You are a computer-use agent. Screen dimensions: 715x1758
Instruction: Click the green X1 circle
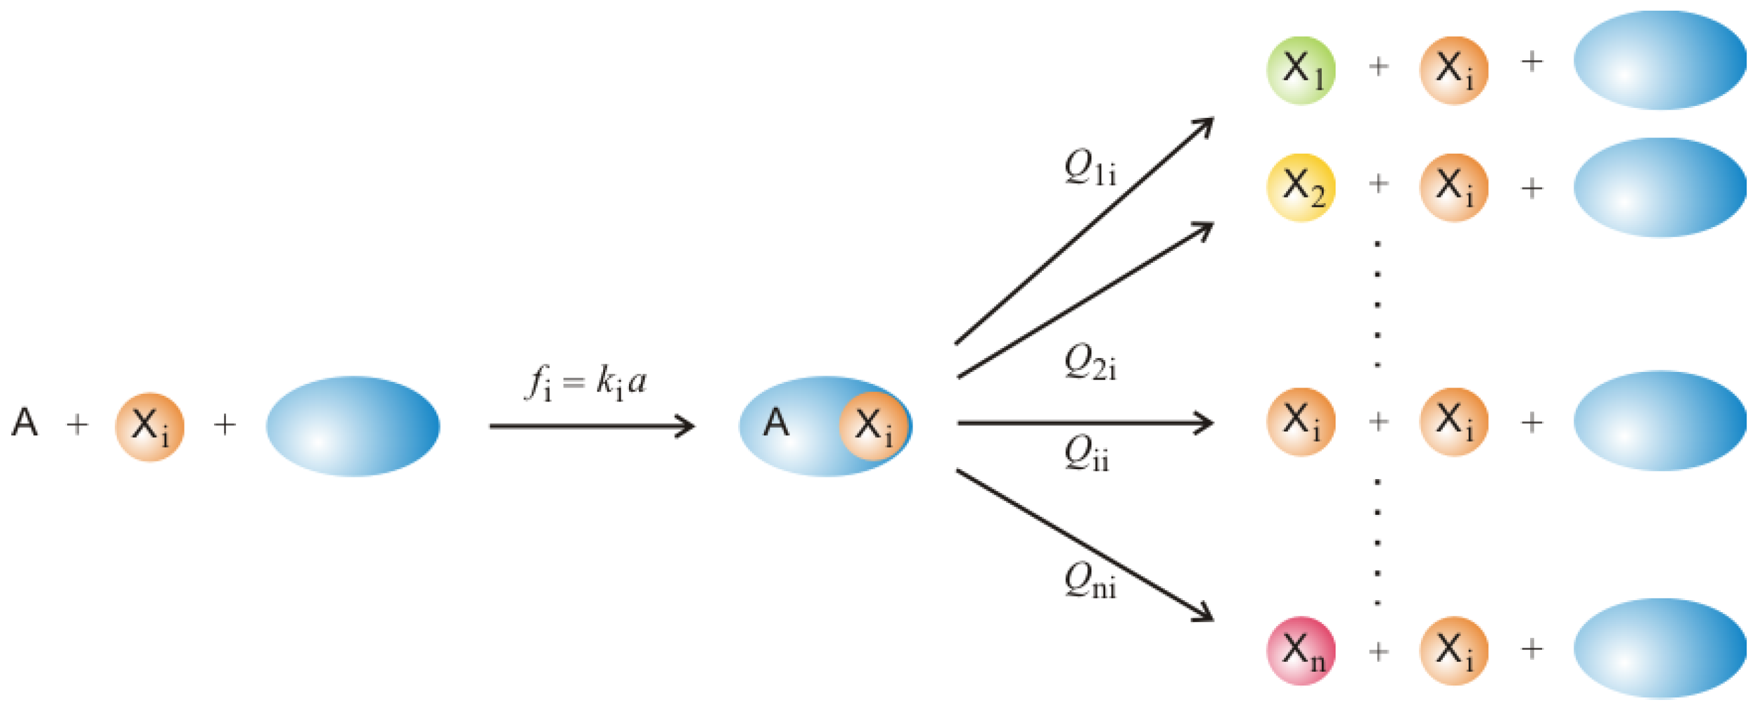pos(1300,70)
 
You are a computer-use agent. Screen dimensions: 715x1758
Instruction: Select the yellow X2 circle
pos(1300,188)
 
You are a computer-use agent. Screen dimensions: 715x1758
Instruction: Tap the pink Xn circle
pos(1300,650)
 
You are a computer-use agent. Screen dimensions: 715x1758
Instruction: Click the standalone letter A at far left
pos(25,423)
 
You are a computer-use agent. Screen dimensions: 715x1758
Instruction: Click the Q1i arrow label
pos(1090,167)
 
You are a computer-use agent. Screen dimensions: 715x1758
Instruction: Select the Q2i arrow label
pos(1090,362)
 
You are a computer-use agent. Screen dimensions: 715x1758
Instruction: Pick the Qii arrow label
pos(1086,453)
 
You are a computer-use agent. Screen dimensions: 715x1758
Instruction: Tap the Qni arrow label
pos(1090,582)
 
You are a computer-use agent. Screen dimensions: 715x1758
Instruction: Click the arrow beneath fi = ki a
pos(591,426)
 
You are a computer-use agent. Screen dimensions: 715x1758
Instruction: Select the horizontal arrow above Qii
pos(1085,423)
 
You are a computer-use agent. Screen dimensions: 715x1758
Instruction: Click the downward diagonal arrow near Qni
pos(1085,546)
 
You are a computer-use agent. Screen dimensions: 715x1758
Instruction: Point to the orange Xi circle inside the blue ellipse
pos(874,426)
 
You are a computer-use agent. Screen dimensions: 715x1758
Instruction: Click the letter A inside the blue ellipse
pos(776,423)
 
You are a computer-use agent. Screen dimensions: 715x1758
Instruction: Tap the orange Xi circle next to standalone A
pos(149,426)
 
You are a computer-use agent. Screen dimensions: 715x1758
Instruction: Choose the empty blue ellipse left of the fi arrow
pos(353,426)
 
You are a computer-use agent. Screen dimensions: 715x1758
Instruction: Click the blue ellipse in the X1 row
pos(1659,60)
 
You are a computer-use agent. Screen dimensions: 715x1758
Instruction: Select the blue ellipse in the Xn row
pos(1659,648)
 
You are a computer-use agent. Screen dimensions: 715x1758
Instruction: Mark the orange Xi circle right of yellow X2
pos(1454,188)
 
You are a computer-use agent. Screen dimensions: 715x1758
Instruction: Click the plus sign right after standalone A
pos(77,425)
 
